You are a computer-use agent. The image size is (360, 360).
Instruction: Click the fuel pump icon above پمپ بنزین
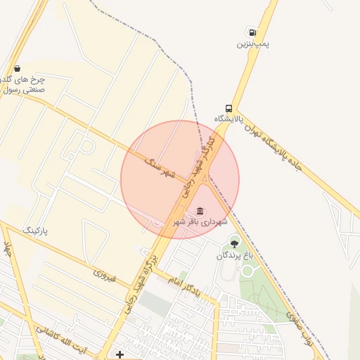(x=250, y=32)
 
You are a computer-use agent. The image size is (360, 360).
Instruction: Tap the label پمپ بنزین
(x=252, y=44)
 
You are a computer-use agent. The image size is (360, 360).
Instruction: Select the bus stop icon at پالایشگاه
(x=229, y=108)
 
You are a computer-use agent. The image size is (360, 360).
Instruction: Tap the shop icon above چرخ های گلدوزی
(x=16, y=68)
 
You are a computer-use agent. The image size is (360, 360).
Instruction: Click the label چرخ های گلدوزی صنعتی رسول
(x=25, y=84)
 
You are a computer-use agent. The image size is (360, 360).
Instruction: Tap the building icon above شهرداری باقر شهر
(x=200, y=210)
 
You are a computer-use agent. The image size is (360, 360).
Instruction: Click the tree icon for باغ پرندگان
(x=235, y=243)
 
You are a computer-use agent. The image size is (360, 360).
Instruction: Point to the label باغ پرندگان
(x=233, y=255)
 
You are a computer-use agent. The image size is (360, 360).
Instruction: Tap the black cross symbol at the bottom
(x=120, y=354)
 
